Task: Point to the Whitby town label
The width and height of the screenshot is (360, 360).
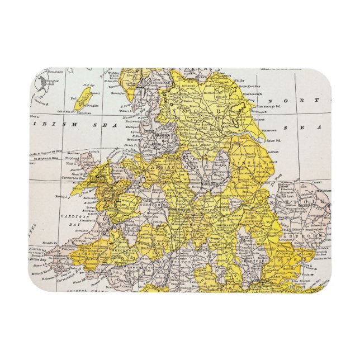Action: coord(239,80)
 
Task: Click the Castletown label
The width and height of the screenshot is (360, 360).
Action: coord(84,112)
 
